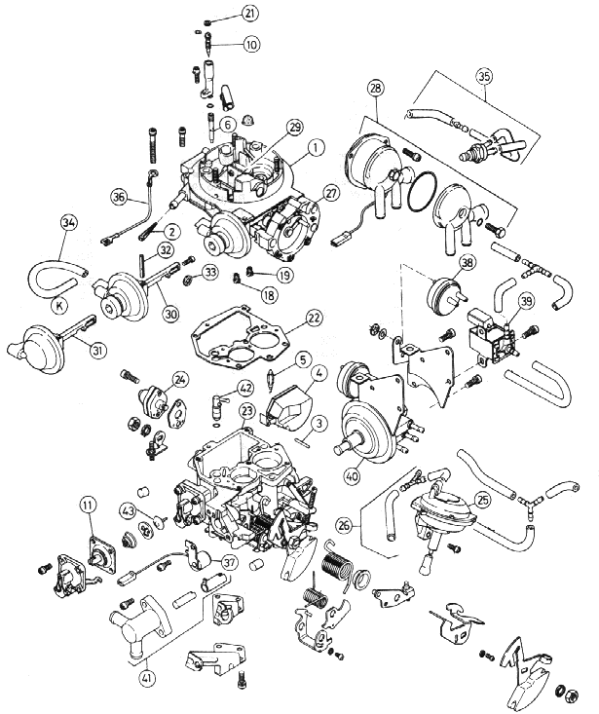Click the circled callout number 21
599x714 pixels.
point(251,14)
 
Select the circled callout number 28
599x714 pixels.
point(375,89)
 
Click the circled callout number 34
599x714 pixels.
point(67,224)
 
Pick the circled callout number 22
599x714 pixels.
point(314,318)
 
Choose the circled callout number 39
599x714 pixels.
point(525,303)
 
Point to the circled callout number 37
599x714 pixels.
point(229,562)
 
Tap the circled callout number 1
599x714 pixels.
point(315,150)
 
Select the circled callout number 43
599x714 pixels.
point(128,509)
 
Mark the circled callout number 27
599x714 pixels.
point(331,193)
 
